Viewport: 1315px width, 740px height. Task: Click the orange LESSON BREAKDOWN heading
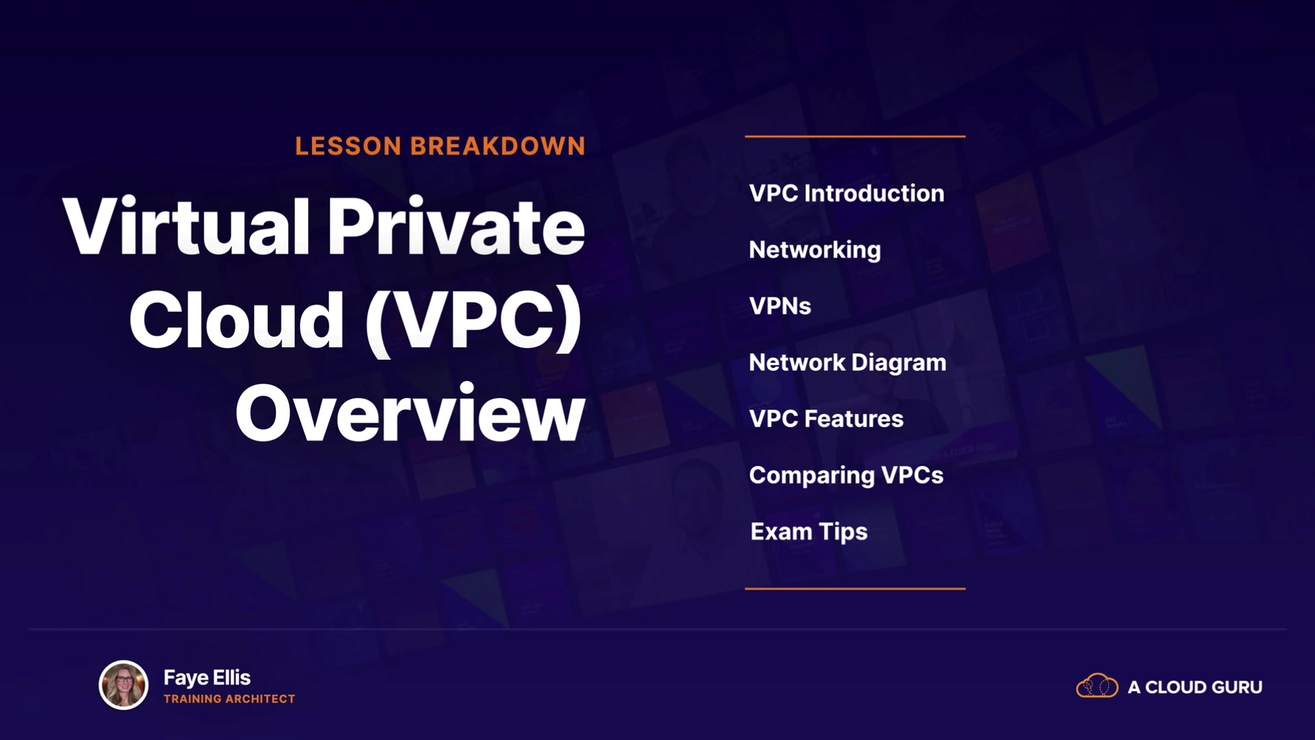(x=440, y=146)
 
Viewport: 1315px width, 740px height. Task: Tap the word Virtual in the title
(x=186, y=226)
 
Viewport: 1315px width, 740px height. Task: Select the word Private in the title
(x=456, y=226)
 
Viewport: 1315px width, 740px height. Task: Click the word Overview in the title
(x=410, y=413)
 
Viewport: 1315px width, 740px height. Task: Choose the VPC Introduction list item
(x=847, y=193)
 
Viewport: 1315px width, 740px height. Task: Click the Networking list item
(x=815, y=250)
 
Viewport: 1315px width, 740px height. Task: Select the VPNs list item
(x=780, y=306)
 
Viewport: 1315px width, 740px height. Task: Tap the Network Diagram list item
(x=848, y=363)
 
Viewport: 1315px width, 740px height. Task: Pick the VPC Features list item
(x=827, y=419)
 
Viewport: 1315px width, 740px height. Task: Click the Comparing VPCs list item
(x=847, y=476)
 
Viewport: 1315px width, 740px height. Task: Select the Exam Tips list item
(x=809, y=532)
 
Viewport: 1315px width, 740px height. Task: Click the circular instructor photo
(x=124, y=684)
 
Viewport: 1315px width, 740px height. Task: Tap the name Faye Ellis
(x=207, y=678)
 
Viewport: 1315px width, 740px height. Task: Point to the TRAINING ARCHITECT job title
(x=229, y=699)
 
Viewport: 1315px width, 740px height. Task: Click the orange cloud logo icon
(x=1097, y=686)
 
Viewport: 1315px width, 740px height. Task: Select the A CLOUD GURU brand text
(x=1195, y=687)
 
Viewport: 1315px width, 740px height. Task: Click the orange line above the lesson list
(x=855, y=136)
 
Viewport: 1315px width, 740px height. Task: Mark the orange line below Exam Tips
(x=855, y=589)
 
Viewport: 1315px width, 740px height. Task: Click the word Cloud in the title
(x=237, y=320)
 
